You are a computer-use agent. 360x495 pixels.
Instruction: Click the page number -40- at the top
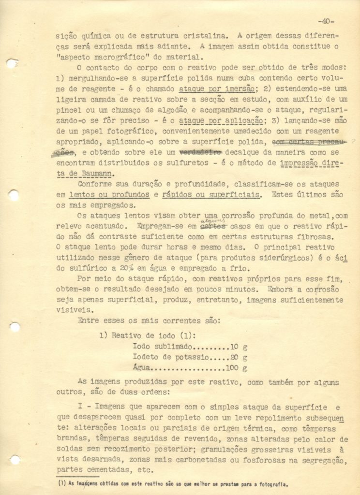tap(327, 21)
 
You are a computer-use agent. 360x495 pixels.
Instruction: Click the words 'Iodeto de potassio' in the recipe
tap(171, 358)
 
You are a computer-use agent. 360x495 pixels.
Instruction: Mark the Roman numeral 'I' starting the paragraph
tap(80, 407)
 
